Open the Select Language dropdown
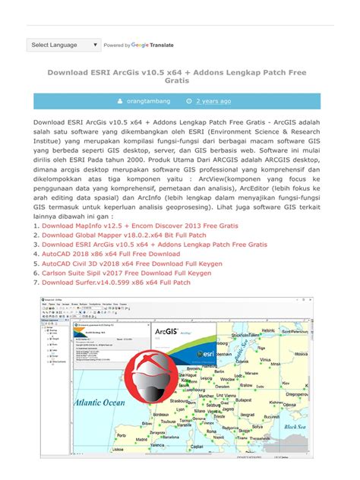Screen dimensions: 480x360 64,45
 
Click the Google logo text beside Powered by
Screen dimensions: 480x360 140,45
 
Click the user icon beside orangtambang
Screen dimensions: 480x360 119,100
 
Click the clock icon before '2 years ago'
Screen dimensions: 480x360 189,100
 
